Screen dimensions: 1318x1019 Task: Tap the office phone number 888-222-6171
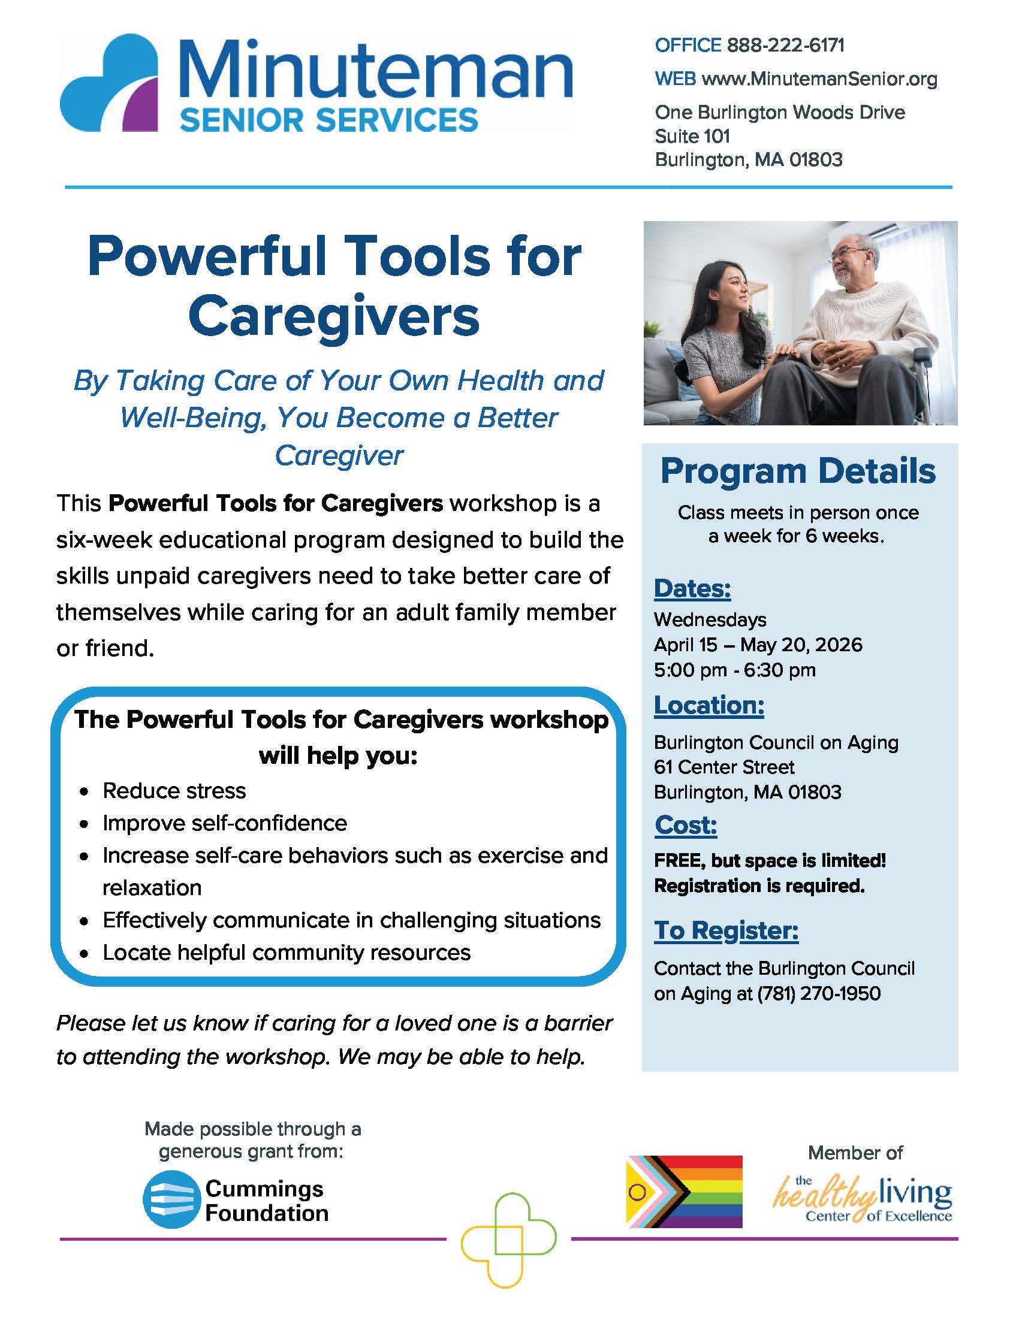[785, 46]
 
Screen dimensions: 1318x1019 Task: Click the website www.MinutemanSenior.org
[819, 79]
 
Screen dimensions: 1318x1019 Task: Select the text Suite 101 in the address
[692, 137]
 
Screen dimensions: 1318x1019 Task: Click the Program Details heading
[797, 471]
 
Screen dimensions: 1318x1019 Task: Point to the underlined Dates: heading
[692, 588]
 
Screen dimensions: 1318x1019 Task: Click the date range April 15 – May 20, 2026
[758, 645]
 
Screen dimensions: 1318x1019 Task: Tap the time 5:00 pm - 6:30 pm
[734, 670]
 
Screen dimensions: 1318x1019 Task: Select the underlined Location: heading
[709, 705]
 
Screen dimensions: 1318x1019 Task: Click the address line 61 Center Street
[724, 767]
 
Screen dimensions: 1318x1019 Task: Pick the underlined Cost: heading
[686, 825]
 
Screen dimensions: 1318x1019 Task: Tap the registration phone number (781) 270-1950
[819, 994]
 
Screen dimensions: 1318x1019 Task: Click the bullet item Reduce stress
[174, 791]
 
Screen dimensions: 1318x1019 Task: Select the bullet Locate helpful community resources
[286, 953]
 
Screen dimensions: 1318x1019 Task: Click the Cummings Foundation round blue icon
[171, 1200]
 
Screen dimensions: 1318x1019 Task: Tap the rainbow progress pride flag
[684, 1192]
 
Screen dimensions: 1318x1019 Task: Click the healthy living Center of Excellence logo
[863, 1199]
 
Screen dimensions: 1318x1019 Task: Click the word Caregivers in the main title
[334, 317]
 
